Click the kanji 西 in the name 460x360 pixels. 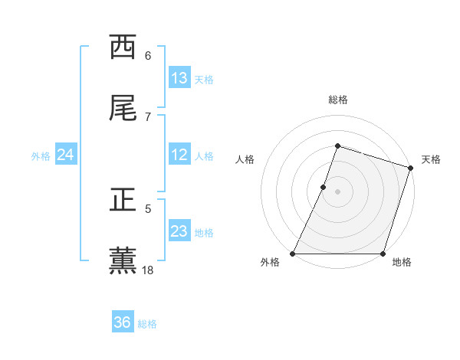pos(123,47)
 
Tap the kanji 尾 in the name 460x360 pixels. pos(123,109)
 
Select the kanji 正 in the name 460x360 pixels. pos(123,200)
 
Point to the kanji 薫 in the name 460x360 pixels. pos(123,261)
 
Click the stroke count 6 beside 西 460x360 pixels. pos(148,55)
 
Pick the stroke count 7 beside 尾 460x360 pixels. pos(148,116)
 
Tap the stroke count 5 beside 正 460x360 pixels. pos(148,208)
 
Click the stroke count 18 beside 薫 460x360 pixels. pos(148,270)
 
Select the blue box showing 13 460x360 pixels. pos(179,78)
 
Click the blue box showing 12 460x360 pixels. pos(179,155)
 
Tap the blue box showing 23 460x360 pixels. pos(179,231)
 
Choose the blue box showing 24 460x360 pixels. pos(66,155)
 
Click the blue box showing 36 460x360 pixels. pos(123,322)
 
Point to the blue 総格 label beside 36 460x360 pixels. pos(147,324)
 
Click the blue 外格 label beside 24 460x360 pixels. pos(41,155)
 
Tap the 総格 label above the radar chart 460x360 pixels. pos(337,100)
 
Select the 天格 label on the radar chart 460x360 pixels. pos(431,159)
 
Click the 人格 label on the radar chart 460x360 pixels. pos(245,159)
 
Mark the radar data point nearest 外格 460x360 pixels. pos(293,254)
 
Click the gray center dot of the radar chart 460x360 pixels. pos(337,191)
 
